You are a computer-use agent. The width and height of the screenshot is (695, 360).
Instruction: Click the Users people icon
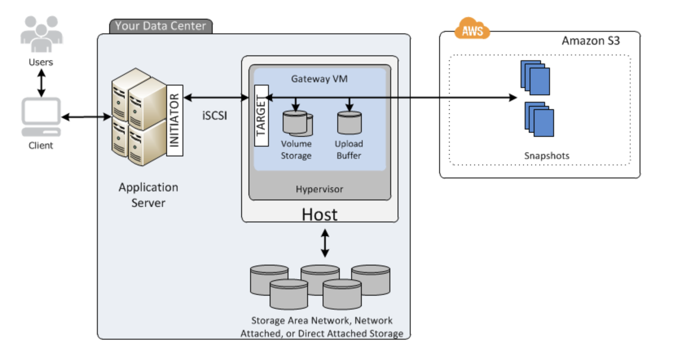pyautogui.click(x=42, y=34)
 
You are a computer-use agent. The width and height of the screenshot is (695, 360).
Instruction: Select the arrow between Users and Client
pyautogui.click(x=41, y=83)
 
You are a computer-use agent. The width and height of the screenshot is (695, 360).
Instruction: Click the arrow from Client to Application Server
pyautogui.click(x=86, y=117)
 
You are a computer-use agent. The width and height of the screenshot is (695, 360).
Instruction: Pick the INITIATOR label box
pyautogui.click(x=175, y=121)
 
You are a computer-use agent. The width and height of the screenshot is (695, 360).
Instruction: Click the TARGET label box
pyautogui.click(x=261, y=116)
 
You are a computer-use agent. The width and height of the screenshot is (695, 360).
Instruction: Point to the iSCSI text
pyautogui.click(x=215, y=116)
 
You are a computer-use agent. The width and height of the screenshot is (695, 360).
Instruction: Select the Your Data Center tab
pyautogui.click(x=161, y=26)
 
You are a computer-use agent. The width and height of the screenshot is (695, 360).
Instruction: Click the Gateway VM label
pyautogui.click(x=319, y=79)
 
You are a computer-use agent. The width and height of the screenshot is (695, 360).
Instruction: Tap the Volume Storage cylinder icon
pyautogui.click(x=297, y=123)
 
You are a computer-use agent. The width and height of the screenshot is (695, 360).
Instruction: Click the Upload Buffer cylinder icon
pyautogui.click(x=349, y=123)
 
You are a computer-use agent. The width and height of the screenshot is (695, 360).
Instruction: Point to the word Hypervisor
pyautogui.click(x=319, y=189)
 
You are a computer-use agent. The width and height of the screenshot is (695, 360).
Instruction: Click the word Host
pyautogui.click(x=319, y=215)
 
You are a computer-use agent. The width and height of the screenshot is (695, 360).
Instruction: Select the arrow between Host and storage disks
pyautogui.click(x=325, y=243)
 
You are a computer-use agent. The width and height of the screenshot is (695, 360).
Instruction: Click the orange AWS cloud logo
pyautogui.click(x=472, y=29)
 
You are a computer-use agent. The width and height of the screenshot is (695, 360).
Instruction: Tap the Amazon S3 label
pyautogui.click(x=590, y=41)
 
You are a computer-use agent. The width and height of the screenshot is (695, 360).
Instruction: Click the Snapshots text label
pyautogui.click(x=546, y=156)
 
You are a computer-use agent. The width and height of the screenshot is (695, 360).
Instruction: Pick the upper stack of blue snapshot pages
pyautogui.click(x=535, y=78)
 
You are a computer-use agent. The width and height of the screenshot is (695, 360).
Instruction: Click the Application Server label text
pyautogui.click(x=148, y=195)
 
